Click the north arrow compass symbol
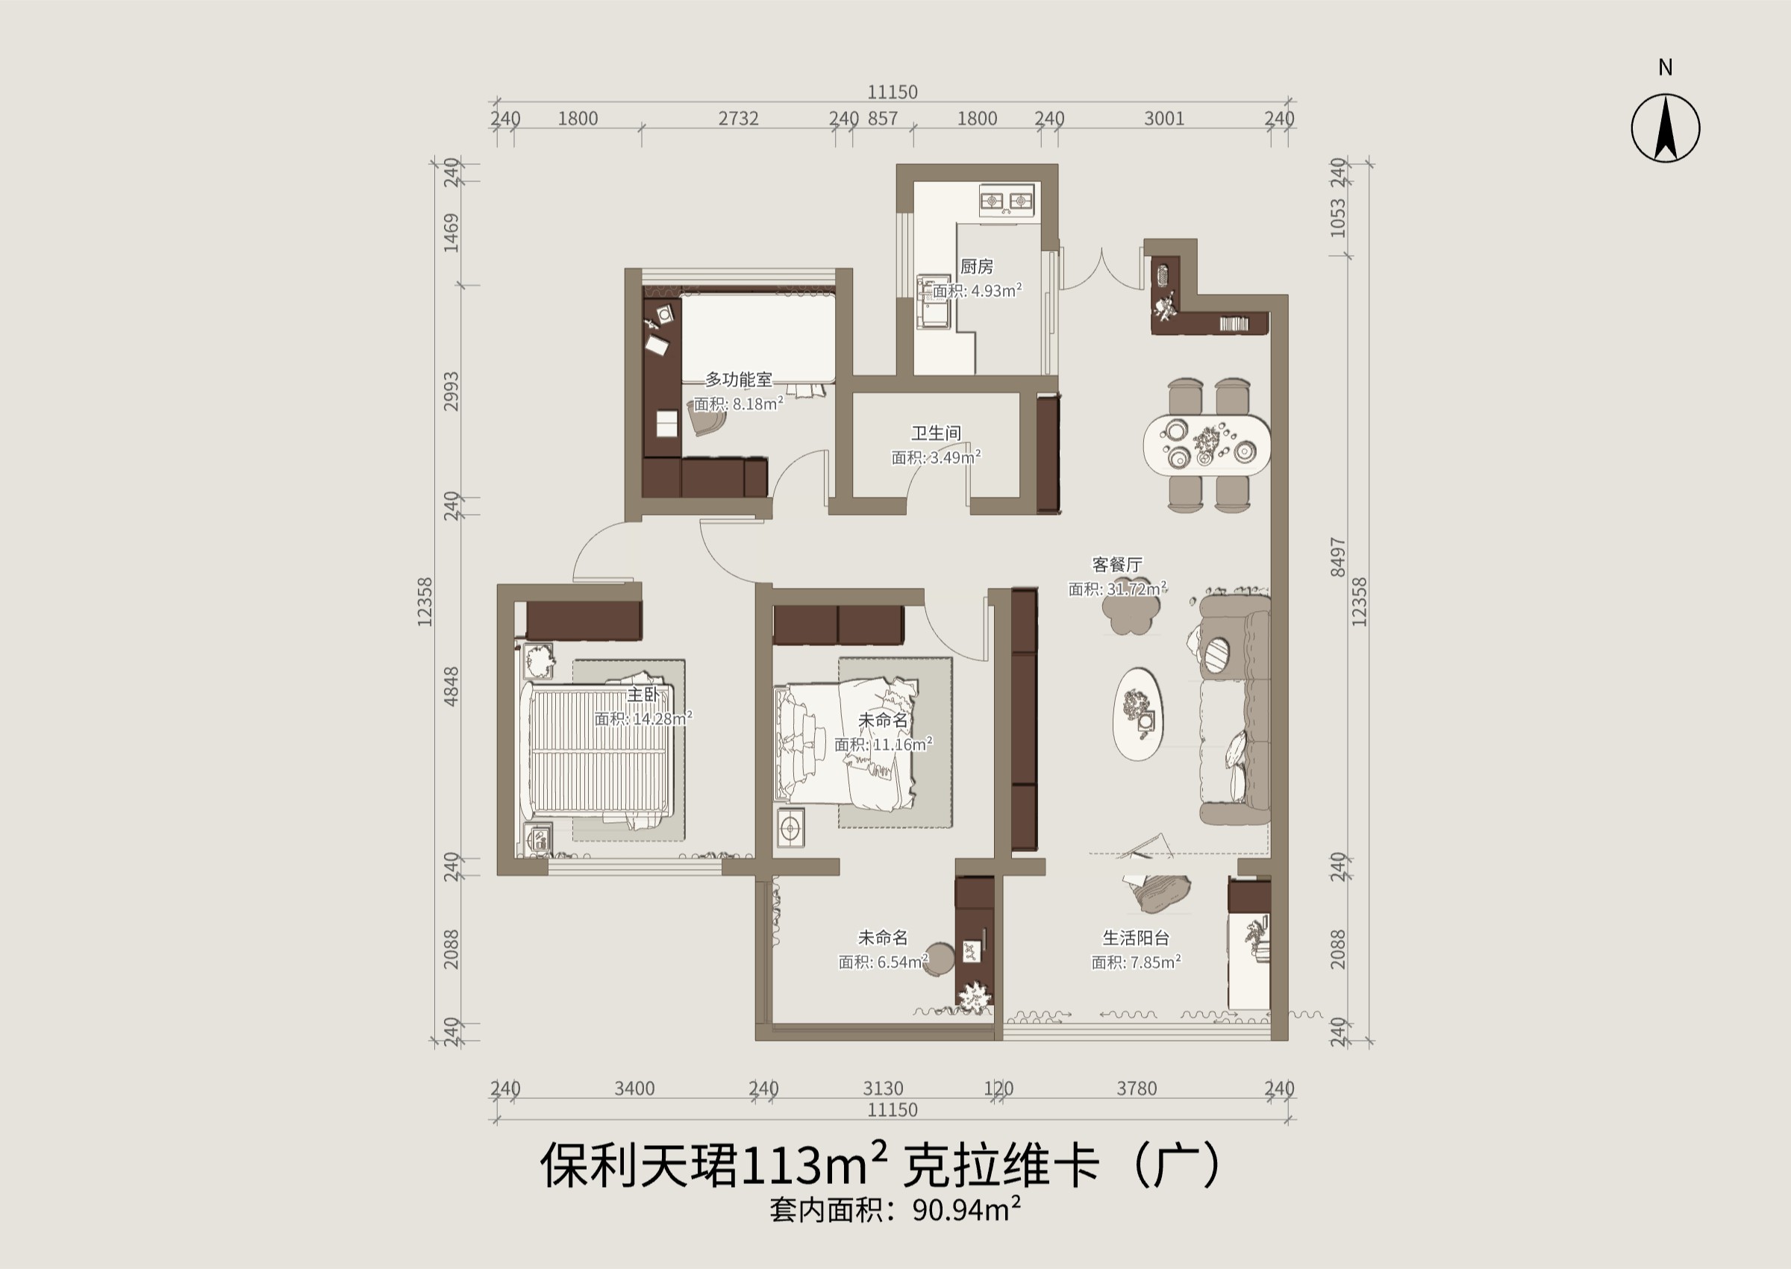1665,128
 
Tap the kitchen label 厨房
976,267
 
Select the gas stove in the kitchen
1007,201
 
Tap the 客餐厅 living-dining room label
1116,564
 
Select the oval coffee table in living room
1137,714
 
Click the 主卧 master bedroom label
643,695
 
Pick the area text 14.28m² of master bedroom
661,719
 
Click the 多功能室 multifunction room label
739,380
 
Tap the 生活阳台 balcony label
1135,938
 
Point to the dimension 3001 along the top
1164,119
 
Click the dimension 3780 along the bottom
1137,1088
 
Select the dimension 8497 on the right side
1338,557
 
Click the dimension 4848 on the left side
451,686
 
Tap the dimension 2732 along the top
739,119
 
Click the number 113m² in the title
812,1165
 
